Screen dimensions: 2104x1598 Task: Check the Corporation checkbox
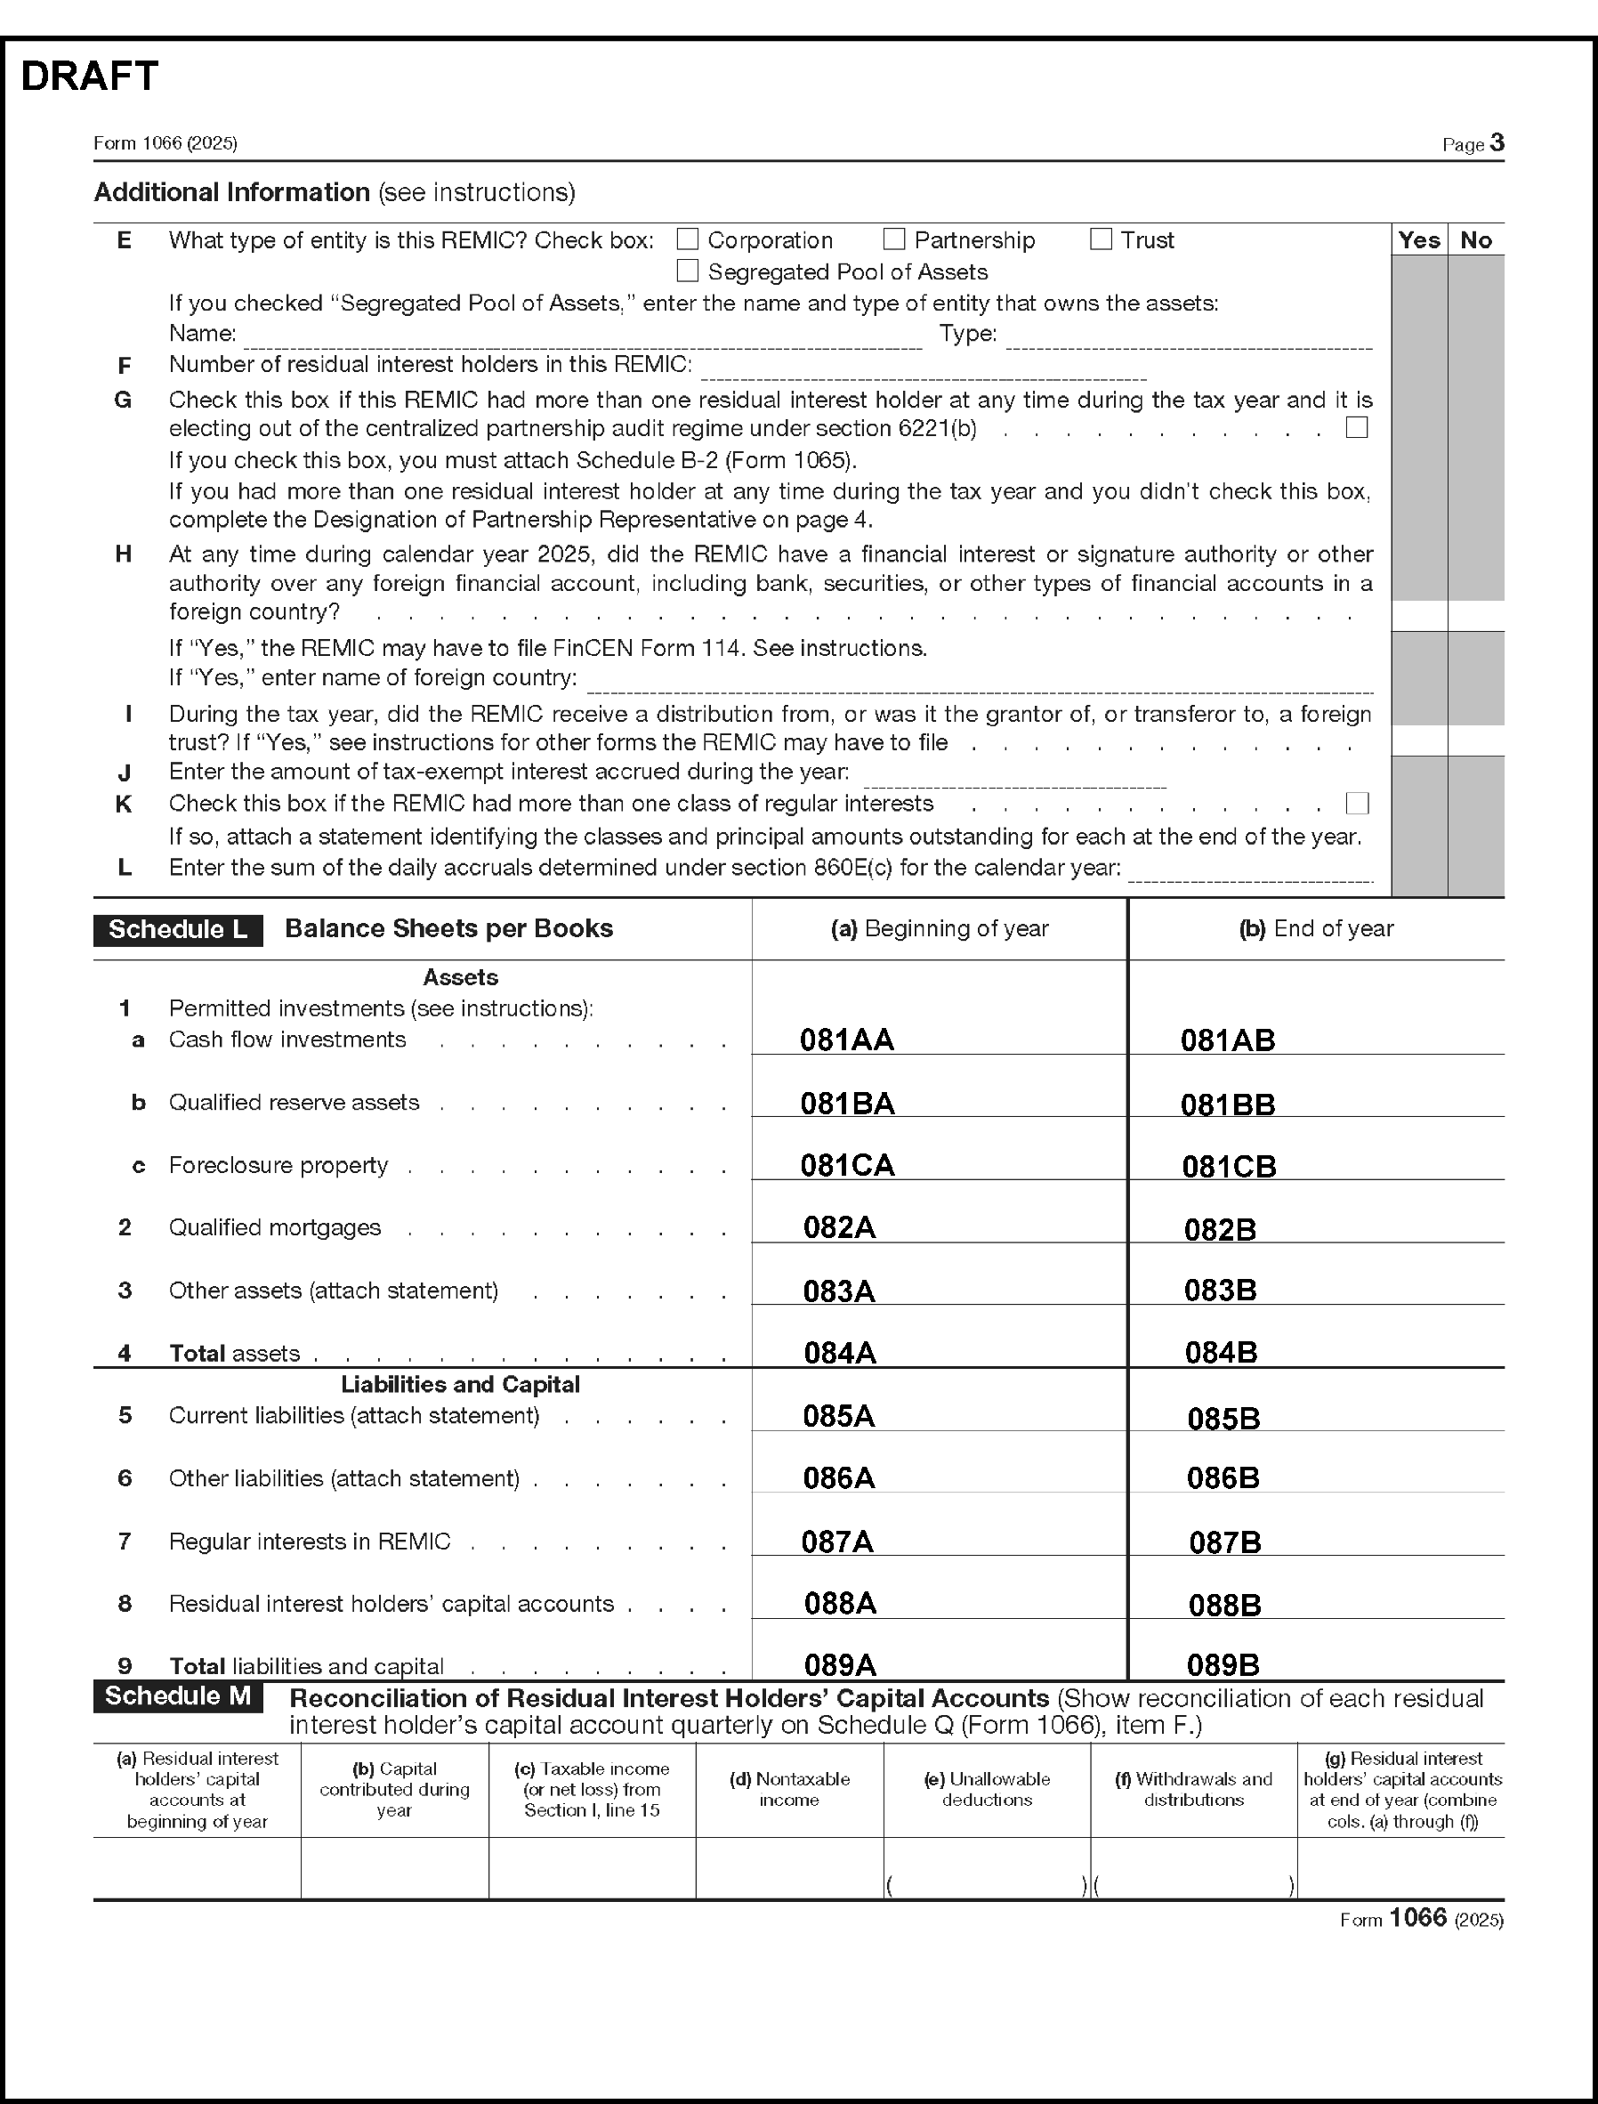point(687,239)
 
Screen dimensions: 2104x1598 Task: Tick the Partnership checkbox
point(893,239)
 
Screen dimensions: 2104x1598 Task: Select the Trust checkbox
point(1101,239)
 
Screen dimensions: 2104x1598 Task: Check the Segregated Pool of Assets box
point(687,271)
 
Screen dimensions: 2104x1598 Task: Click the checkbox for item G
point(1358,427)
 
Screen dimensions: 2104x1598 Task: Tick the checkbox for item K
point(1358,803)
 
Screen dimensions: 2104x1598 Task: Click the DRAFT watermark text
point(89,77)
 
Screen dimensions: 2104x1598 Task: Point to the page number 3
point(1497,142)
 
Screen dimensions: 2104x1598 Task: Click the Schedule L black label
point(178,930)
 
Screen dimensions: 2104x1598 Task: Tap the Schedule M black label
point(178,1695)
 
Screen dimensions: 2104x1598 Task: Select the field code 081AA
point(846,1040)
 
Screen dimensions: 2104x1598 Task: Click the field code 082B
point(1220,1229)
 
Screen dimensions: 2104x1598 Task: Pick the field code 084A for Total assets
point(839,1352)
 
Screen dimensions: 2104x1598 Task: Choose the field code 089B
point(1223,1664)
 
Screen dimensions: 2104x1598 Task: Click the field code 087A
point(837,1542)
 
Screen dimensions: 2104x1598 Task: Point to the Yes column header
point(1418,239)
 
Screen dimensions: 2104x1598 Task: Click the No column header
point(1475,239)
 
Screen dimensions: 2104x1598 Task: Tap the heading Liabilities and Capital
point(460,1385)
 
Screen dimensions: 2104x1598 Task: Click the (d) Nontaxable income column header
point(788,1789)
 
